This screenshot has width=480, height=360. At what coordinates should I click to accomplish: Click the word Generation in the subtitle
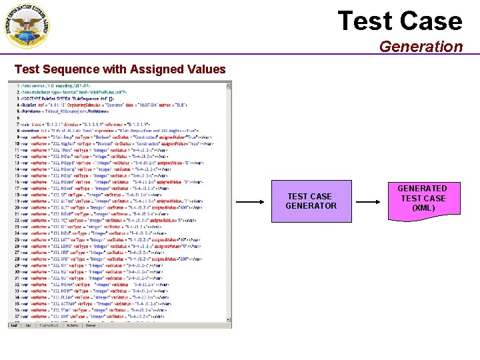pos(421,47)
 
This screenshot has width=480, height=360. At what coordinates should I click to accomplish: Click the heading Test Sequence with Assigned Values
pos(120,69)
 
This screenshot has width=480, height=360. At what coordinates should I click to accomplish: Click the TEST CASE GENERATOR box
pos(311,201)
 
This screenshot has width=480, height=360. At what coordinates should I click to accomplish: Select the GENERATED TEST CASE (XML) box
pos(423,198)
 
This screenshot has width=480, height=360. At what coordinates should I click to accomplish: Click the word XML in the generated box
pos(423,208)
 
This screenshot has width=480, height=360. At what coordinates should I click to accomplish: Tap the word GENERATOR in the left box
pos(311,205)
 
